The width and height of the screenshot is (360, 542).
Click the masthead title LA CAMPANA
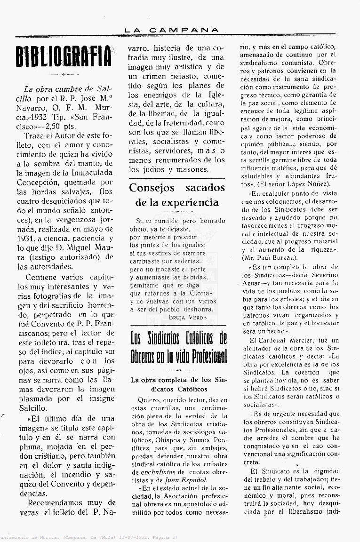(172, 30)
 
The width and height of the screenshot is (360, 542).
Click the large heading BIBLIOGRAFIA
(64, 57)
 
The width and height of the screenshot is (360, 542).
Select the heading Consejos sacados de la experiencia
(177, 195)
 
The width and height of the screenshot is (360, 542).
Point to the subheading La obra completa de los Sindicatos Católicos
(178, 384)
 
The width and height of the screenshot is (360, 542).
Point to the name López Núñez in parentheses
(309, 183)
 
